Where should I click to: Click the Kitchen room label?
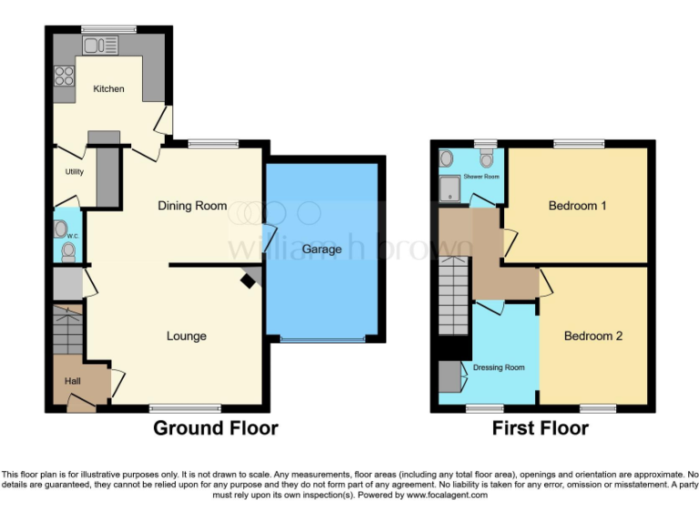pos(108,89)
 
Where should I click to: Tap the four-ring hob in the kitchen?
pos(65,75)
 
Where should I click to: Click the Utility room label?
pos(74,171)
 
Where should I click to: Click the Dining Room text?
pos(192,206)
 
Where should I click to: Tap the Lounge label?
pos(186,336)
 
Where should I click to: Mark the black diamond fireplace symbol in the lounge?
pos(247,282)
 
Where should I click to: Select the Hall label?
pos(73,381)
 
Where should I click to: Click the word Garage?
pos(322,249)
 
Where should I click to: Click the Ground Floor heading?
pos(215,428)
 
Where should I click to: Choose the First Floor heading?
pos(541,428)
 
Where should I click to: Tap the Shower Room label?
pos(481,176)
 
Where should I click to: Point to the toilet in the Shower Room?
pos(485,159)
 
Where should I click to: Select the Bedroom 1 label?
pos(577,206)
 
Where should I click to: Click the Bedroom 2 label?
pos(593,336)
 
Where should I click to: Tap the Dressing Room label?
pos(498,368)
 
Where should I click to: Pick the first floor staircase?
pos(451,296)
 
